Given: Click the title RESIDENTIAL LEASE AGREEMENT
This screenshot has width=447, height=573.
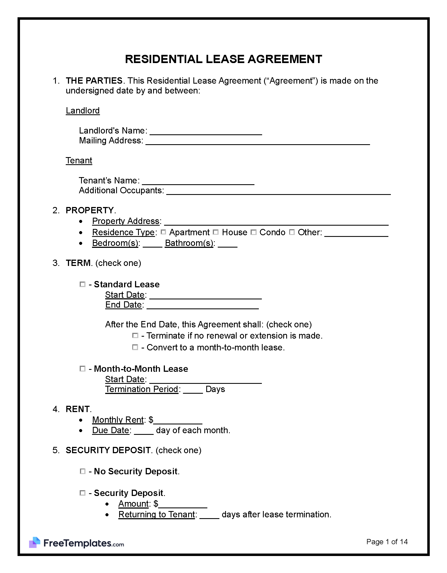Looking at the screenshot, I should (223, 59).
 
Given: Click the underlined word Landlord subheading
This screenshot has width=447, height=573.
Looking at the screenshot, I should (83, 110).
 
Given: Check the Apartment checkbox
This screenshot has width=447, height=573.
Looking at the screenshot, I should (163, 232).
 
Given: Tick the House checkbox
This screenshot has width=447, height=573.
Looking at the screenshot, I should (216, 232).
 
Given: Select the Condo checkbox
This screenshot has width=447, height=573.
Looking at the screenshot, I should (254, 232).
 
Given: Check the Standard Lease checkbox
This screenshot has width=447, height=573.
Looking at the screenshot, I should (82, 284).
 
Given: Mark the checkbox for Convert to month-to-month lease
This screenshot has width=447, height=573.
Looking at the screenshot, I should (135, 347).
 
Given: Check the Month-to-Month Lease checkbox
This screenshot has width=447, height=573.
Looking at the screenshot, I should (82, 369).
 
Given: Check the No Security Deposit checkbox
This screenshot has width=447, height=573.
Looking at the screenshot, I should (82, 471).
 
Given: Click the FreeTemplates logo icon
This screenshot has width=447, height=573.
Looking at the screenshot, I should (35, 543).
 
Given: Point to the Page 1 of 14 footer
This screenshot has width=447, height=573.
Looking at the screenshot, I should (387, 542).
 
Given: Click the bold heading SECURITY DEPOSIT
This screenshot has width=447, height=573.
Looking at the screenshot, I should (108, 450).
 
